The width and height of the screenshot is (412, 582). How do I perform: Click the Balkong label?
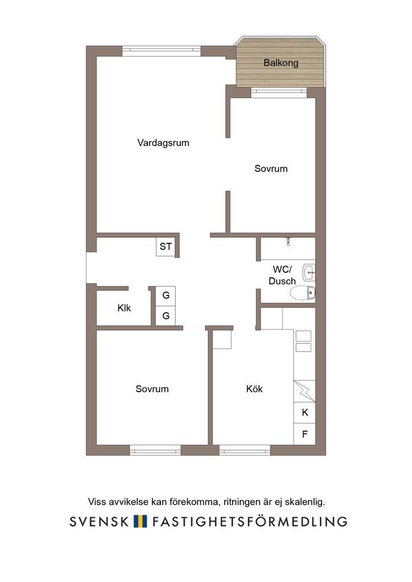[x=281, y=63]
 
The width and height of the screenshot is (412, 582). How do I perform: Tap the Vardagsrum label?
[x=163, y=143]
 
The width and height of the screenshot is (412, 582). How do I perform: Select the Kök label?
[x=254, y=389]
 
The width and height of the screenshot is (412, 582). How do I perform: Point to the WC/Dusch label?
[x=282, y=275]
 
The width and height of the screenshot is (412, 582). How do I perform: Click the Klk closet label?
[x=124, y=307]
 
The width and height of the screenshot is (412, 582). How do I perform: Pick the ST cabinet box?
[x=166, y=247]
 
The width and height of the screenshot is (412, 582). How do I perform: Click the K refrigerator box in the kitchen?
[x=304, y=413]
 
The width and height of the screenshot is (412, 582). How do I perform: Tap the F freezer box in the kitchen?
[x=304, y=434]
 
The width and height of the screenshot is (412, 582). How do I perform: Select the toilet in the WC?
[x=303, y=293]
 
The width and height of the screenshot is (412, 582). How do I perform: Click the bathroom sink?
[x=309, y=273]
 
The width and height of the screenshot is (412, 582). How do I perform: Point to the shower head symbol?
[x=288, y=242]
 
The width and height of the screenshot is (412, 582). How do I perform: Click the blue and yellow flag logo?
[x=141, y=521]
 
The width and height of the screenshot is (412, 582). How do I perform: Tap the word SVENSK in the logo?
[x=99, y=521]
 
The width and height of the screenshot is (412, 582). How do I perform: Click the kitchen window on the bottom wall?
[x=245, y=451]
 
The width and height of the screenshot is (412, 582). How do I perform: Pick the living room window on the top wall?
[x=162, y=51]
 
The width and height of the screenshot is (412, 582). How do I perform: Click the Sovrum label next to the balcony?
[x=271, y=169]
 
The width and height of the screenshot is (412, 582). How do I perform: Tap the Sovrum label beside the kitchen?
[x=152, y=389]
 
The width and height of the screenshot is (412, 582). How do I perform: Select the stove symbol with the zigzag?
[x=304, y=391]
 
